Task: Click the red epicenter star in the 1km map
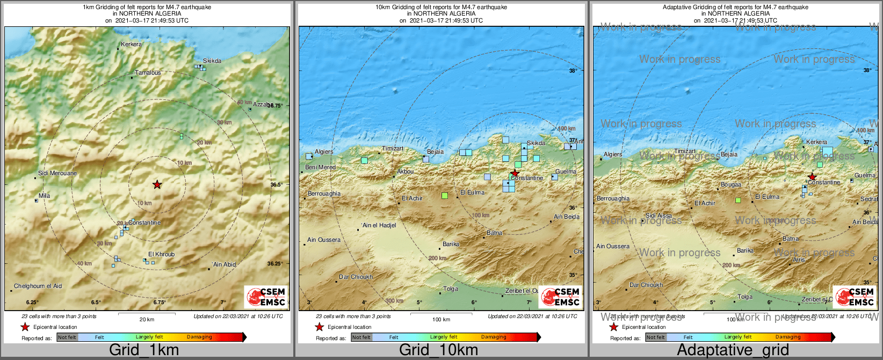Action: coord(157,184)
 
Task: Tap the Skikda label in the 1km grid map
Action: coord(212,61)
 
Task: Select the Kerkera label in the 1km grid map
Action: coord(132,45)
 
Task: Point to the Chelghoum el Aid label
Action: coord(38,286)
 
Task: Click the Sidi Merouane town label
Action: coord(57,174)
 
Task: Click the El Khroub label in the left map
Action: coord(162,255)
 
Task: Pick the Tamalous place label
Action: coord(148,73)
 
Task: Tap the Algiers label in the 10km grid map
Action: coord(324,152)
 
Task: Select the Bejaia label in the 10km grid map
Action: coord(435,152)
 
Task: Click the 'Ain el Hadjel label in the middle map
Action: coord(379,225)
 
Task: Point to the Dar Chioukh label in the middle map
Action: coord(356,277)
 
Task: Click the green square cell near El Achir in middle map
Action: coord(444,196)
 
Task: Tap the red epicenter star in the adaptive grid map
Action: coord(812,177)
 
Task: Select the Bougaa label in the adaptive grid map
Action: coord(731,185)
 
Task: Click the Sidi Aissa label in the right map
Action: coord(658,216)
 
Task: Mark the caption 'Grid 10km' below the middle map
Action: coord(438,350)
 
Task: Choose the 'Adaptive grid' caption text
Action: coord(733,350)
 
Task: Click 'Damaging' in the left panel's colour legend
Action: coord(199,337)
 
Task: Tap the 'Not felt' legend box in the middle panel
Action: coord(361,337)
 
